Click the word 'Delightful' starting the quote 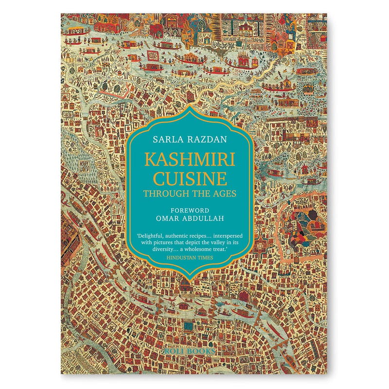pyautogui.click(x=151, y=236)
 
